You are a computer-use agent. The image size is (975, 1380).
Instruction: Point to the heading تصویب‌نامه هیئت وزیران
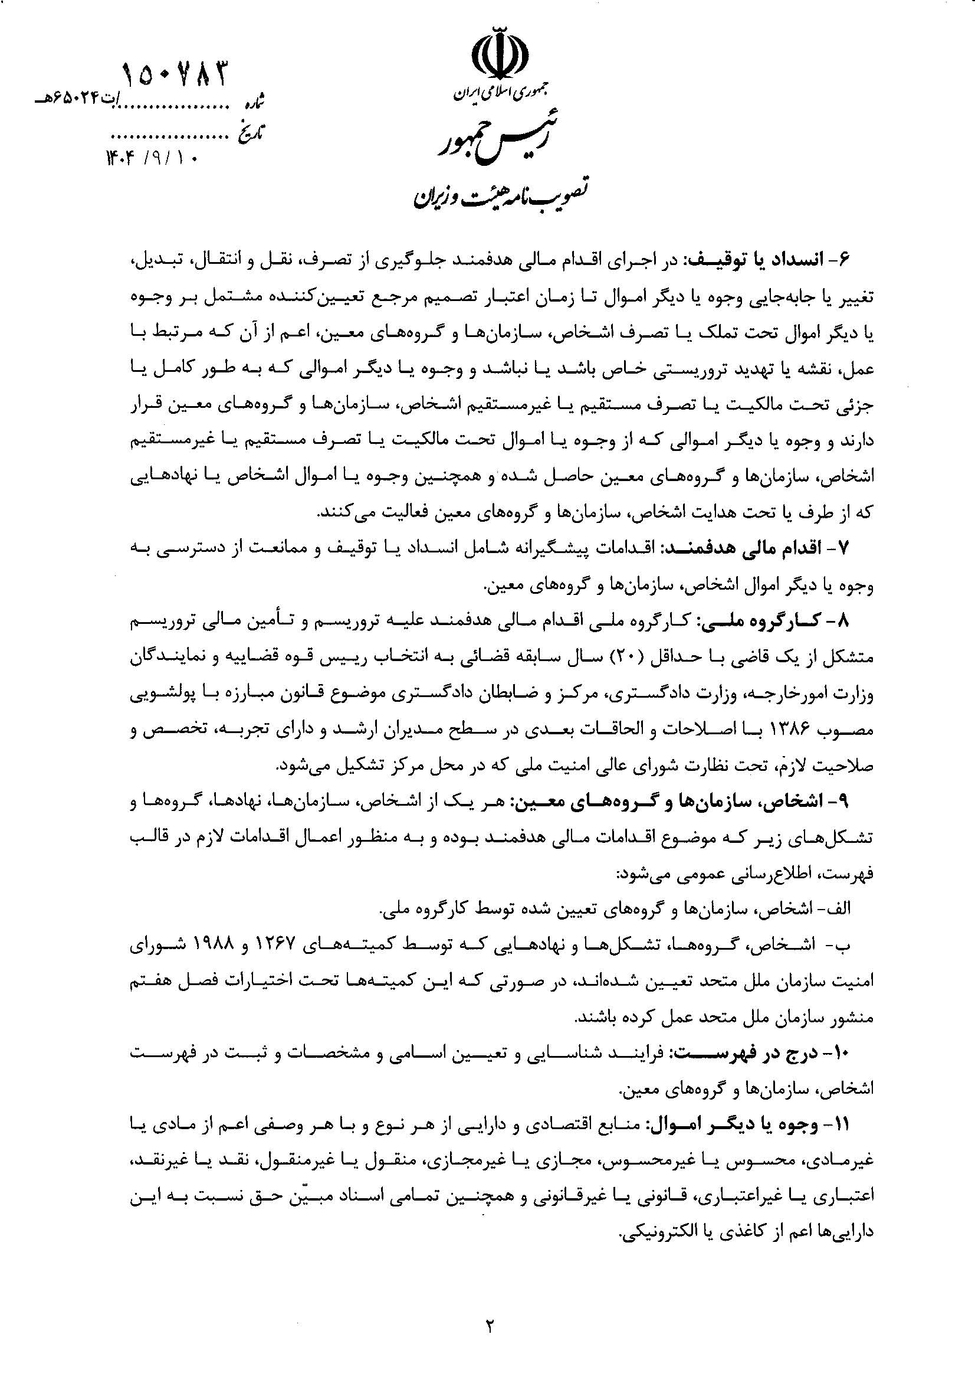(x=500, y=194)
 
